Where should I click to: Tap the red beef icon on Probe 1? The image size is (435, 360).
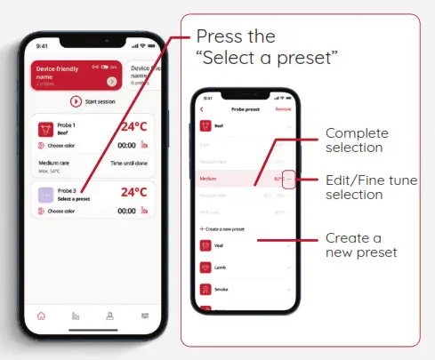click(46, 129)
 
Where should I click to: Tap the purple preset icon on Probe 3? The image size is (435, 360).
click(46, 196)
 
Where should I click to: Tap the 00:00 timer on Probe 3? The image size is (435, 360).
click(126, 211)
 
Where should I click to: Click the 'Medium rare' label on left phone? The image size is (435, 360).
click(55, 163)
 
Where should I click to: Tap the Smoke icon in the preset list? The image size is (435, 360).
click(206, 290)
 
